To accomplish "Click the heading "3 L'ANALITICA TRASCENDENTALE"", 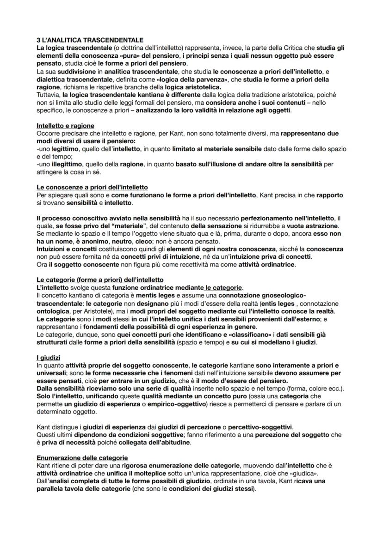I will [90, 41].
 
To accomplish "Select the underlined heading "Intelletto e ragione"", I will [65, 126].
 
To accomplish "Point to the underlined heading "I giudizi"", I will [48, 358].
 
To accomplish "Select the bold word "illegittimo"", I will [56, 164].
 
